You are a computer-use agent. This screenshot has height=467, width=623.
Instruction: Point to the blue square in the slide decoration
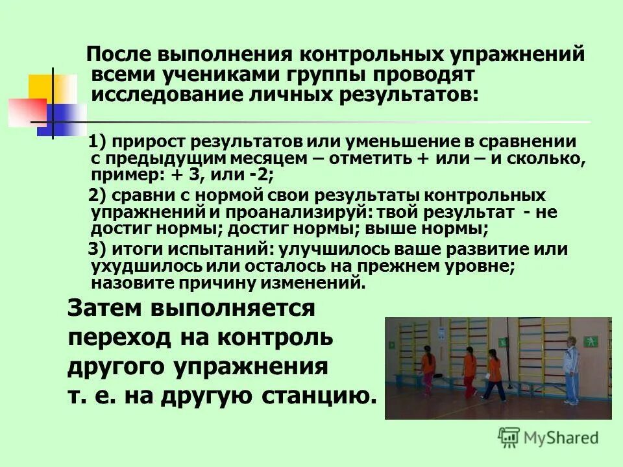point(65,119)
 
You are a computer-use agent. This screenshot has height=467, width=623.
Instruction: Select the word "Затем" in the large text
point(104,308)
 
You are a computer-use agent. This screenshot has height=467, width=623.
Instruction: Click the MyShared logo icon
point(509,437)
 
